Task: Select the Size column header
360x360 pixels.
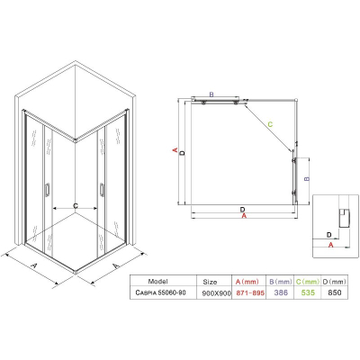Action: pyautogui.click(x=210, y=282)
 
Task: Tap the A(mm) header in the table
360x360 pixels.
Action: pyautogui.click(x=247, y=282)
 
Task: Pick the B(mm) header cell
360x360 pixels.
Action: pyautogui.click(x=281, y=282)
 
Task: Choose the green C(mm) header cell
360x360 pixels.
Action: pyautogui.click(x=308, y=282)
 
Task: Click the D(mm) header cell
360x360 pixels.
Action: pyautogui.click(x=335, y=282)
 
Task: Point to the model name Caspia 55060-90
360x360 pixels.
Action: pyautogui.click(x=160, y=292)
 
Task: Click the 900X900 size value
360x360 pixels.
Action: pyautogui.click(x=217, y=293)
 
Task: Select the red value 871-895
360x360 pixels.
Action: pyautogui.click(x=250, y=292)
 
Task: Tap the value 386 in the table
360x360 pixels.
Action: pyautogui.click(x=281, y=292)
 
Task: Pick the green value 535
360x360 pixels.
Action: pyautogui.click(x=308, y=292)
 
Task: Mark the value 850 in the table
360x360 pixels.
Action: pyautogui.click(x=335, y=292)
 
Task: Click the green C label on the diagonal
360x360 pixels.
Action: pyautogui.click(x=270, y=124)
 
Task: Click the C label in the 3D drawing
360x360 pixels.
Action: pyautogui.click(x=76, y=206)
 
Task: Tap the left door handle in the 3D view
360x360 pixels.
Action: pyautogui.click(x=47, y=190)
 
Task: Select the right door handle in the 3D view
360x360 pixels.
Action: pyautogui.click(x=103, y=190)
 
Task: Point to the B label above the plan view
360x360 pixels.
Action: pyautogui.click(x=211, y=94)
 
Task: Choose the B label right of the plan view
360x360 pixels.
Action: pyautogui.click(x=307, y=179)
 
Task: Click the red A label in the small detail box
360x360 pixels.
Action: pyautogui.click(x=330, y=245)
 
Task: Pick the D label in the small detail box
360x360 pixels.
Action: pyautogui.click(x=328, y=235)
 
